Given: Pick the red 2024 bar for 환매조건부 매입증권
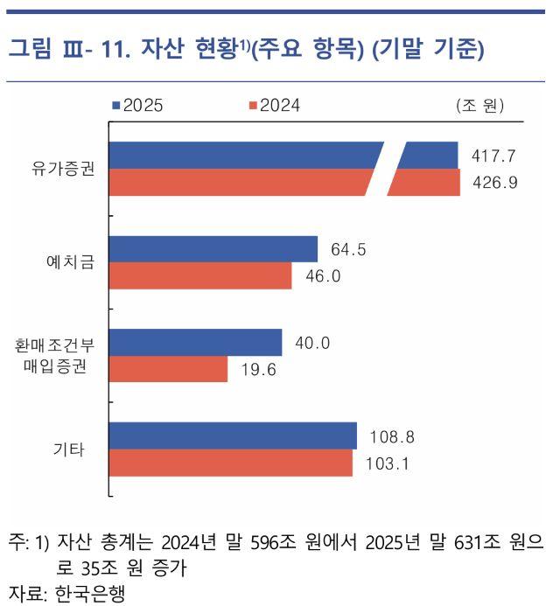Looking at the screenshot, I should click(x=168, y=369).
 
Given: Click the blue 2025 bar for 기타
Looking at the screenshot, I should click(x=233, y=435).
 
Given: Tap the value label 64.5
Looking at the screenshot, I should click(x=347, y=250).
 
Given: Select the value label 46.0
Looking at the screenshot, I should click(x=322, y=277).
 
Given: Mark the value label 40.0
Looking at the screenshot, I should click(x=312, y=343).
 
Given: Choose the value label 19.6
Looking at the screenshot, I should click(x=257, y=370).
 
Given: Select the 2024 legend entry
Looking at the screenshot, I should click(x=275, y=106).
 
